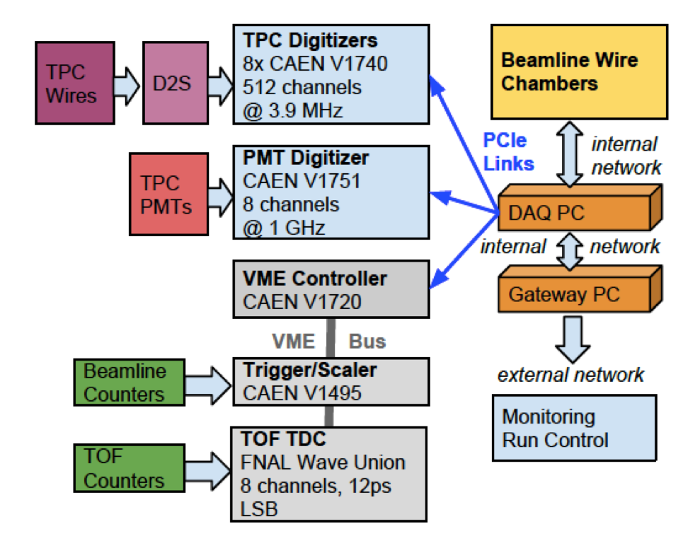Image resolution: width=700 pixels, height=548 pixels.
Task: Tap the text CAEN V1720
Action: tap(302, 302)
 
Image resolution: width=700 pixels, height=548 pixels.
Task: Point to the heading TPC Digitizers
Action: tap(311, 39)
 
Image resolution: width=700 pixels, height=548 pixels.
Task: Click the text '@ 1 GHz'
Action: tap(283, 228)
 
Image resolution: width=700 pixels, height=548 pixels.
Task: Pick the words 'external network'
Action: tap(571, 374)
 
